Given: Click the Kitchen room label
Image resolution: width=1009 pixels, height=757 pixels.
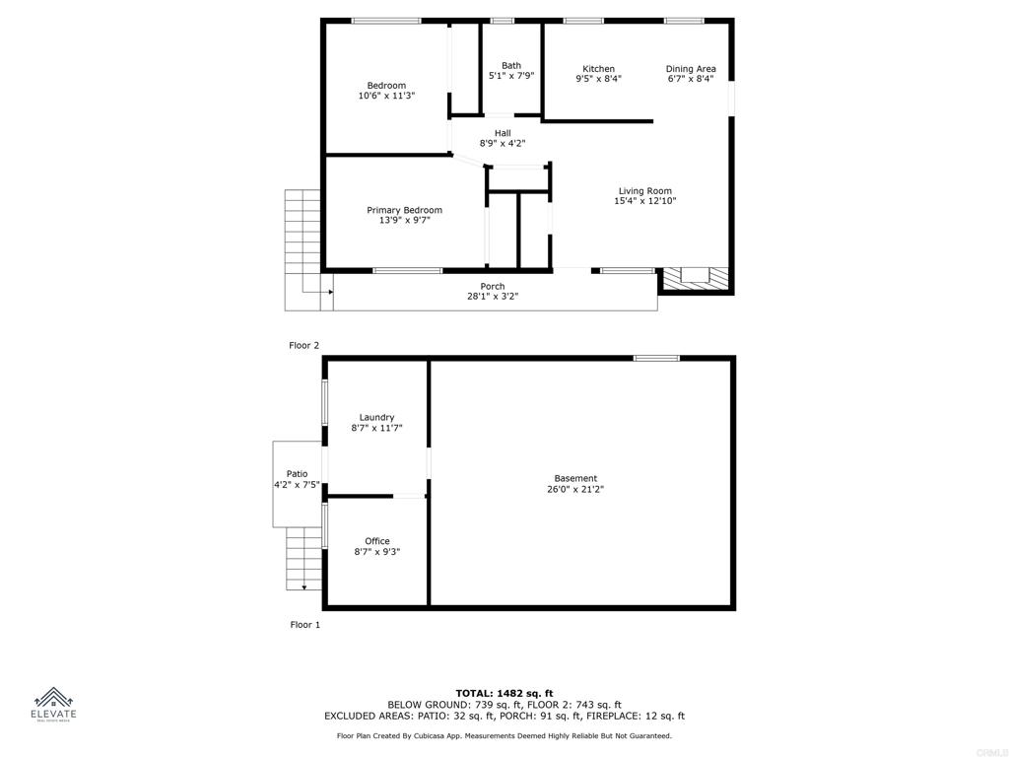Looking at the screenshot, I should coord(598,69).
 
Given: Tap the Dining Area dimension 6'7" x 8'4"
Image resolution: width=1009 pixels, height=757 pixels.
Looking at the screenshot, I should coord(691,79).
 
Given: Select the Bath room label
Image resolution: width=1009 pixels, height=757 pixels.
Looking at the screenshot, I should coord(511,65).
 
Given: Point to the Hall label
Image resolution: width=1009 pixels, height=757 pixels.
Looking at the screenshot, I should coord(503,133).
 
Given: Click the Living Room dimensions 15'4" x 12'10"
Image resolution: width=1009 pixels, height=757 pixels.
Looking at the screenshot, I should coord(645,201).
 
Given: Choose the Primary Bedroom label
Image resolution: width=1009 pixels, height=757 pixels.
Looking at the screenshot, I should coord(404,210).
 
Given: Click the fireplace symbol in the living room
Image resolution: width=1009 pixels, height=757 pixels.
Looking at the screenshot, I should coord(696,279).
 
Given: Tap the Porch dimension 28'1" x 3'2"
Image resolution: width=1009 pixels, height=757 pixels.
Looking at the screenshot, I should coord(493,296).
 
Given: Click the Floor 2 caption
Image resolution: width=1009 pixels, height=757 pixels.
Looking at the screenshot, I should coord(304,345).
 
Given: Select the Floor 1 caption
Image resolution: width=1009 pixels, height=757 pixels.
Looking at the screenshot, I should coord(304,625).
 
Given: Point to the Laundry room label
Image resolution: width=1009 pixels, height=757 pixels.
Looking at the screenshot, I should coord(376,417).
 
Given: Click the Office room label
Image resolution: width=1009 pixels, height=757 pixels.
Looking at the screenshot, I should coord(376,541).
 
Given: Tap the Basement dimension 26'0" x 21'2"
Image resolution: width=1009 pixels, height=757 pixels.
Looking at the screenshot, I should coord(575,489).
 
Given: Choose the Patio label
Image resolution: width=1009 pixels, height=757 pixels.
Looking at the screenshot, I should coord(297,474).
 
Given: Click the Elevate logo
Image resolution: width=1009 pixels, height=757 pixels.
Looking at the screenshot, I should coord(54,705).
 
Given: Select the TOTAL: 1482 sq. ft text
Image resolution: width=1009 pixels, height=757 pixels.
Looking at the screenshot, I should coord(504,693).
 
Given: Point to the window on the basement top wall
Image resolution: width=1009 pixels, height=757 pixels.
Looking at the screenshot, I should coord(656,358).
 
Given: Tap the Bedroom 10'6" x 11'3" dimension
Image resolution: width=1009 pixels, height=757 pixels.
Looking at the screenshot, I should coord(386,97).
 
